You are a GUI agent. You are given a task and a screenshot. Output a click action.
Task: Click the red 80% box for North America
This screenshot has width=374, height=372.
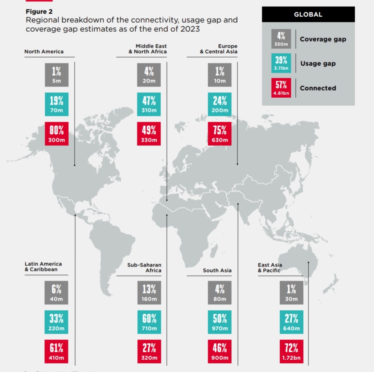pyautogui.click(x=57, y=134)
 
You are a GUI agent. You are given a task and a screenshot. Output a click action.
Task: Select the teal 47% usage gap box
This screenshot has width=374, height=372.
pyautogui.click(x=149, y=105)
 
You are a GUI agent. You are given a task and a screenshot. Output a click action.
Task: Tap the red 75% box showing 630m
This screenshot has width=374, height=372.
pyautogui.click(x=219, y=134)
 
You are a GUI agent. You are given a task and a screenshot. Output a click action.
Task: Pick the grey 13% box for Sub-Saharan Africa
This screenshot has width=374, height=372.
pyautogui.click(x=149, y=293)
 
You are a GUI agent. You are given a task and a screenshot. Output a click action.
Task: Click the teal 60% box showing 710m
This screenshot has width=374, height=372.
pyautogui.click(x=149, y=322)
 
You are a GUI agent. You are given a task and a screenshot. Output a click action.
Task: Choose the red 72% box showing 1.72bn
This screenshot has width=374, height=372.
pyautogui.click(x=291, y=352)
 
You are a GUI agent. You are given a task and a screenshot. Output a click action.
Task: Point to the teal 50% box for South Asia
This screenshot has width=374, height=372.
pyautogui.click(x=219, y=322)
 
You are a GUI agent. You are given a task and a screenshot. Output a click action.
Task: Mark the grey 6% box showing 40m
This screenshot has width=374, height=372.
pyautogui.click(x=57, y=293)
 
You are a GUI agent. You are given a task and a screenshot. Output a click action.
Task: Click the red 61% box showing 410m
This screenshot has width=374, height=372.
pyautogui.click(x=57, y=352)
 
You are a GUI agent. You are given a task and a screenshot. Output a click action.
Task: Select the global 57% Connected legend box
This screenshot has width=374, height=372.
pyautogui.click(x=281, y=88)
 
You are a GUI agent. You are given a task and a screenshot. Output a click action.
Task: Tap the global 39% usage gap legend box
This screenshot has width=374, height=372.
pyautogui.click(x=281, y=64)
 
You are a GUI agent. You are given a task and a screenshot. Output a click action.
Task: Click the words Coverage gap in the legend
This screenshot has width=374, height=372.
pyautogui.click(x=323, y=39)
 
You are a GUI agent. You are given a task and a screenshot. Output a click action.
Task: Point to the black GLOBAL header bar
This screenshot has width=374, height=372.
pyautogui.click(x=308, y=15)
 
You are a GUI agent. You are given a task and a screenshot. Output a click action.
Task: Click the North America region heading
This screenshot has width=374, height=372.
pyautogui.click(x=44, y=52)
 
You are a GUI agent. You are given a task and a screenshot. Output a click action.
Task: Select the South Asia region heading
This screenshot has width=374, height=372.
pyautogui.click(x=217, y=270)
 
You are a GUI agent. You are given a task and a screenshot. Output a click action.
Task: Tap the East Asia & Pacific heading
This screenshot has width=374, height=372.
pyautogui.click(x=270, y=268)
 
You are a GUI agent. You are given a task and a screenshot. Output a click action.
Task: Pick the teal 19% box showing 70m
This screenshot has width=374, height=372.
pyautogui.click(x=57, y=105)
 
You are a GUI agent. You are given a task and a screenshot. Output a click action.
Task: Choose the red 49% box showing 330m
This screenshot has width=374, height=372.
pyautogui.click(x=149, y=134)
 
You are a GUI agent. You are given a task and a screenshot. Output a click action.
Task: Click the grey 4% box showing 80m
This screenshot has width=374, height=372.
pyautogui.click(x=219, y=293)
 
